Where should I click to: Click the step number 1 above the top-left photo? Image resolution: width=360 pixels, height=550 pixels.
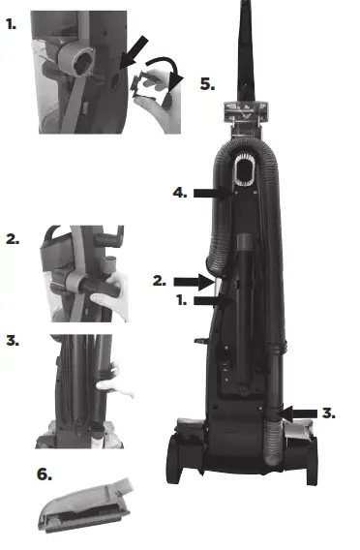coord(12,22)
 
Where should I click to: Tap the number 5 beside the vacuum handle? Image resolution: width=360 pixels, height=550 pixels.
coord(207,83)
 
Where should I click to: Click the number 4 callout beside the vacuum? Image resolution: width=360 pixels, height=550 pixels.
coord(179,193)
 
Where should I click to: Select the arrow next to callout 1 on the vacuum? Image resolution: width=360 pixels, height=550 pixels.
coord(211,301)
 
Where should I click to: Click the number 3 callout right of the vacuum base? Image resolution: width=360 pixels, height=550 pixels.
coord(329,412)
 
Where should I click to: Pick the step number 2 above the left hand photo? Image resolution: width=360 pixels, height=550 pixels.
coord(12,238)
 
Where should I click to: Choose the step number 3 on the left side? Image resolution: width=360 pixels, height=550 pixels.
coord(12,341)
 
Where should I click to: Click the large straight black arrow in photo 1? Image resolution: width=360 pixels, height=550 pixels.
coord(135,49)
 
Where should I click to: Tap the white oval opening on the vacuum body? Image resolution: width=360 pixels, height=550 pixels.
coord(244,173)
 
